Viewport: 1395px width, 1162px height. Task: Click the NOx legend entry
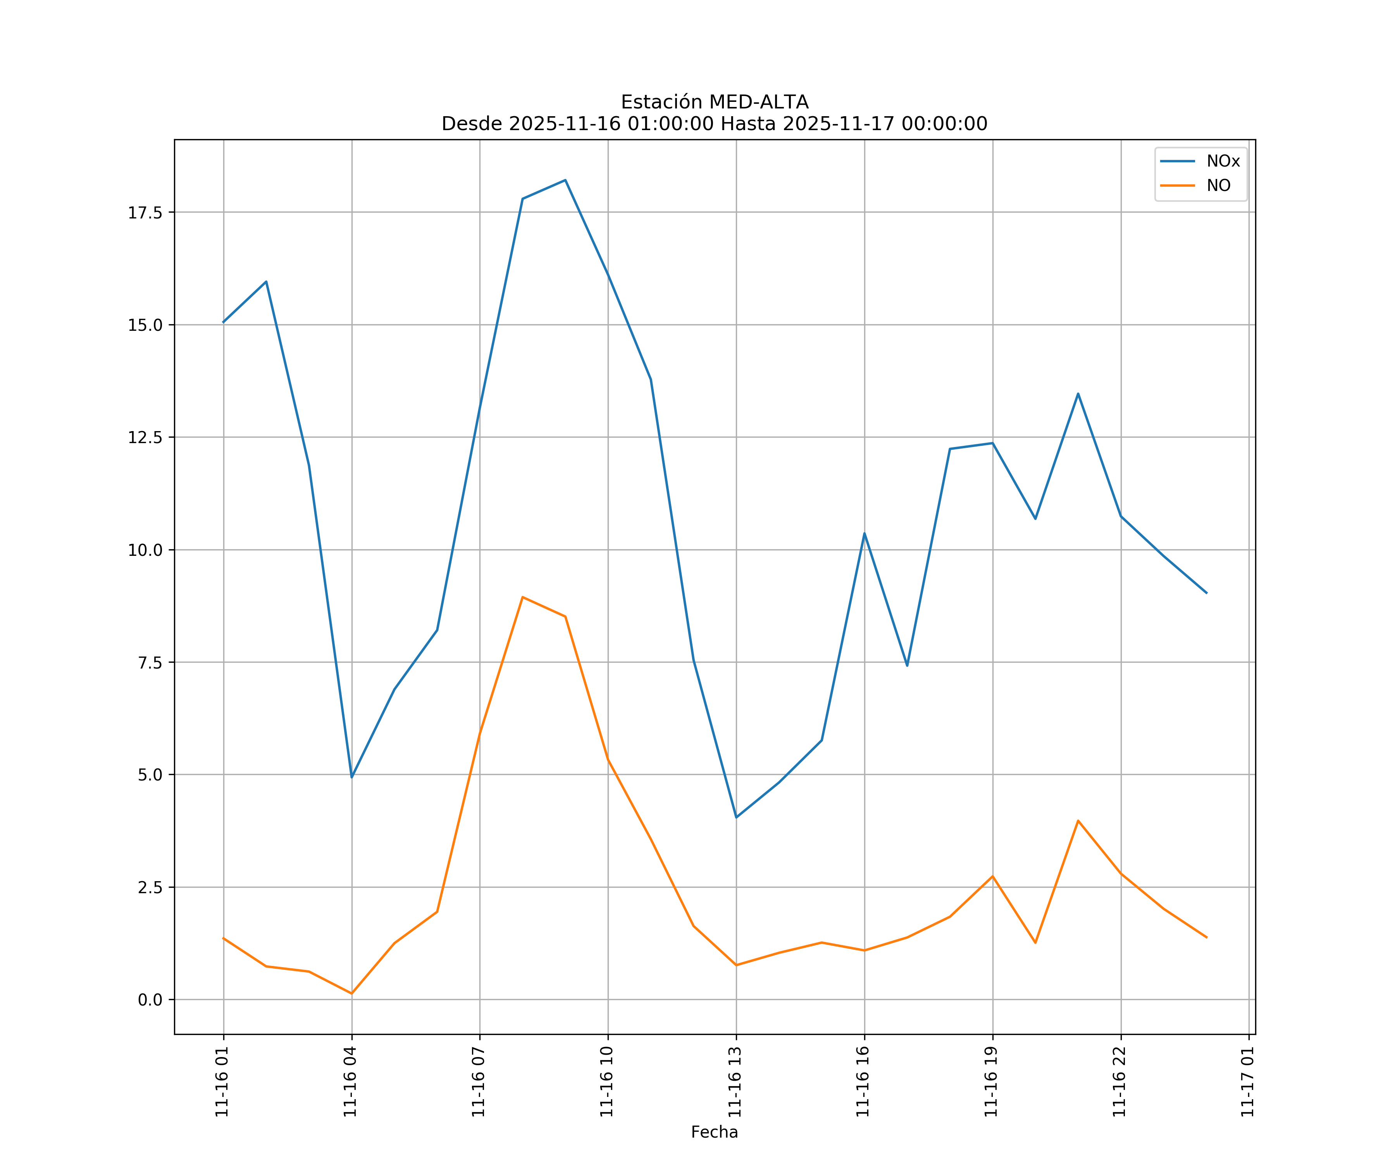(1222, 162)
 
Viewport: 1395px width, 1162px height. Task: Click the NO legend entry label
(1218, 186)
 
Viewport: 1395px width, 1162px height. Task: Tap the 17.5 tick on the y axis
(145, 213)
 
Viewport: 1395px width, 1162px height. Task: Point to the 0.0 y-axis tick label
(150, 1000)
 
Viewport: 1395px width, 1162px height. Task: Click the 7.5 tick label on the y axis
(150, 663)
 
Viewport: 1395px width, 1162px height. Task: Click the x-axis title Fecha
(714, 1132)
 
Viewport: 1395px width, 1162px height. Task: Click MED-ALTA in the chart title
(759, 102)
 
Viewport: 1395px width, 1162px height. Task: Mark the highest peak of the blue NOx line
(565, 180)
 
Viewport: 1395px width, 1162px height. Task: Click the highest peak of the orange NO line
(523, 597)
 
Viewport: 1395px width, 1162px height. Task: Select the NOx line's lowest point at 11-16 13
(736, 817)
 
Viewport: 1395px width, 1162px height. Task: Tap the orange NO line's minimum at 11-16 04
(351, 994)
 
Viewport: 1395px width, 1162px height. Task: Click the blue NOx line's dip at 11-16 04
(351, 777)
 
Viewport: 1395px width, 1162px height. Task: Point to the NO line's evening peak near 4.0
(1078, 821)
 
